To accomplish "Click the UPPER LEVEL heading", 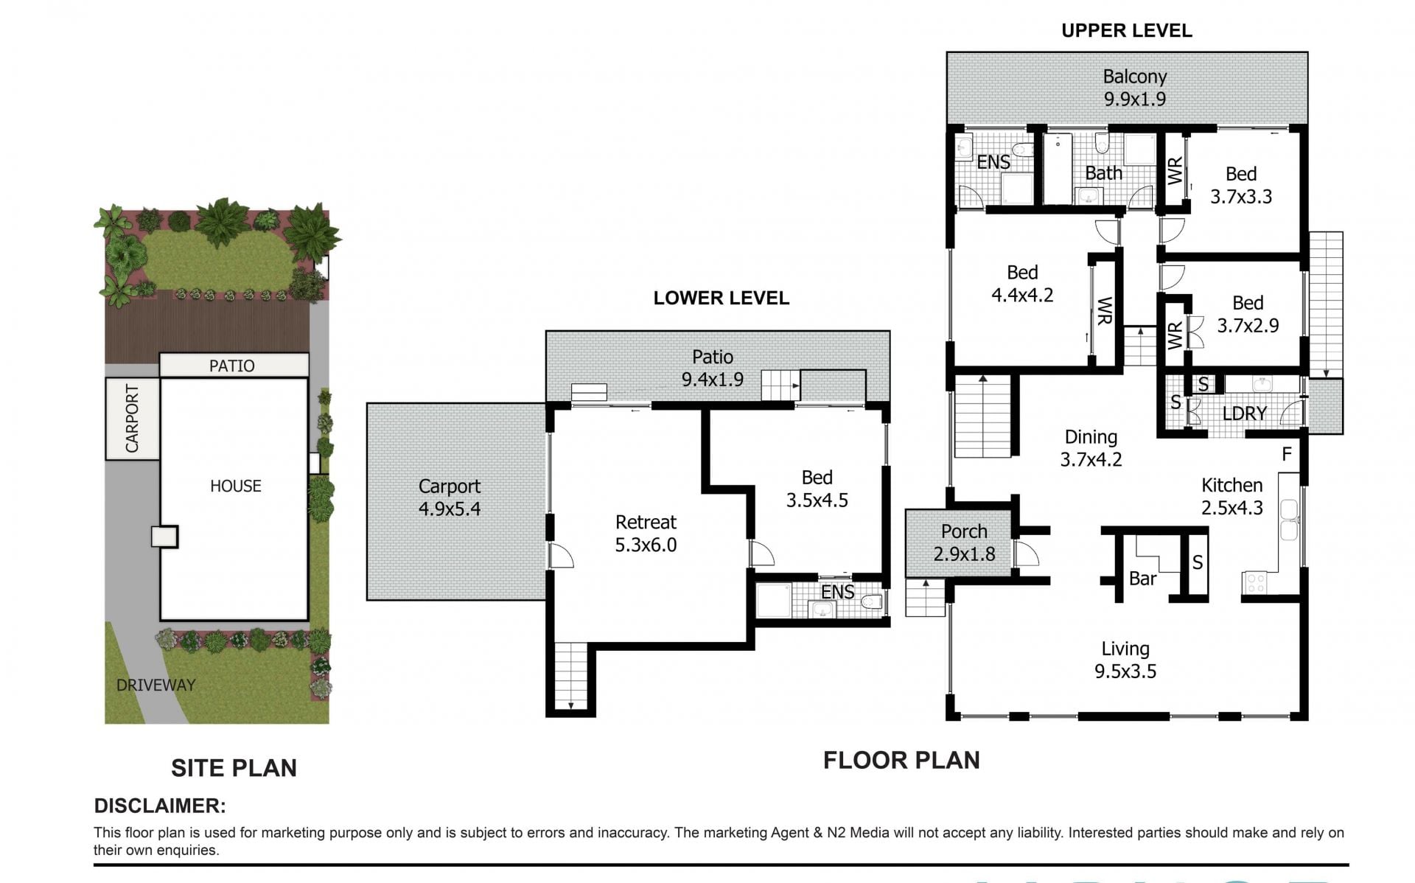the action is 1126,30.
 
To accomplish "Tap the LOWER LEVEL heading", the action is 721,298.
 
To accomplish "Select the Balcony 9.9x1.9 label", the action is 1135,88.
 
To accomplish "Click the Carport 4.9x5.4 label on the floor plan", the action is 450,498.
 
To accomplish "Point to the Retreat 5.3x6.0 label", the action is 646,534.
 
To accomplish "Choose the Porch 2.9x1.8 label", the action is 964,542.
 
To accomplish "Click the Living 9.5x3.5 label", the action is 1125,660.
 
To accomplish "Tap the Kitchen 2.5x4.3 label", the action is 1232,496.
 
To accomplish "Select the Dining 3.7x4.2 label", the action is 1091,448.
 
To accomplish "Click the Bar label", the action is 1142,579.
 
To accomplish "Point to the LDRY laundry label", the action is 1245,413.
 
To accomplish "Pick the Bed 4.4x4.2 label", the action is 1022,284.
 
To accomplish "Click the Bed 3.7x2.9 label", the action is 1248,314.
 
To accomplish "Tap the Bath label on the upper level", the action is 1104,173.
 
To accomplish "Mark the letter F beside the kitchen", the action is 1287,454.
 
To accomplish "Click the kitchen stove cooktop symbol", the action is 1255,583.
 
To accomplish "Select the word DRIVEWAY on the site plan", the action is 156,685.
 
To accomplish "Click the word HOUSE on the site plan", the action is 236,486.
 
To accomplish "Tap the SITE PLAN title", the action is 234,768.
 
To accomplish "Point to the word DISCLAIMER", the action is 160,806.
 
